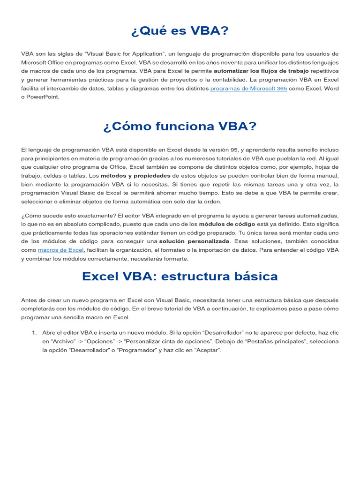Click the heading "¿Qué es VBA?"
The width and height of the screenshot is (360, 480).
[180, 31]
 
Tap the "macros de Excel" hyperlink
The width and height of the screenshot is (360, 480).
[60, 250]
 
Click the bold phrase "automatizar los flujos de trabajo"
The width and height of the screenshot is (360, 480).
[262, 71]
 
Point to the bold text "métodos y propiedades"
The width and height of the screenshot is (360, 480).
[135, 176]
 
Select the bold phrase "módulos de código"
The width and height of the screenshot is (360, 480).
[227, 224]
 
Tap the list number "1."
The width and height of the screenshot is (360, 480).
[34, 332]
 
